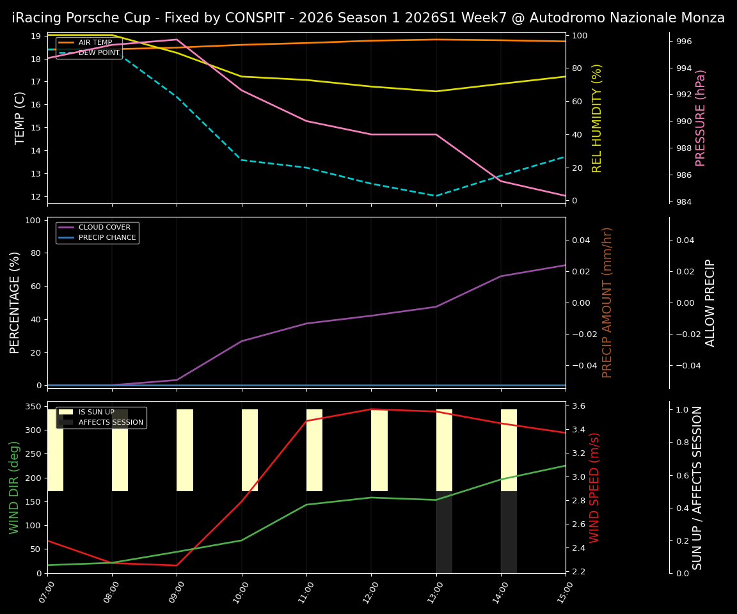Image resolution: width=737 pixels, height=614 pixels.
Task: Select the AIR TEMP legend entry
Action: tap(95, 43)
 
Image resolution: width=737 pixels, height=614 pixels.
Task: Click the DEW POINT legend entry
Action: tap(99, 53)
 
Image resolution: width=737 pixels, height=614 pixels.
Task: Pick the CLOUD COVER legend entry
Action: tap(104, 228)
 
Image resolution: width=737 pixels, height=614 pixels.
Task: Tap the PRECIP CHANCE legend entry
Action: tap(107, 238)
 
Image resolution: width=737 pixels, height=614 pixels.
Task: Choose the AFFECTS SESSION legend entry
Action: tap(111, 423)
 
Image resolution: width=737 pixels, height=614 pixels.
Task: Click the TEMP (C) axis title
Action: tap(20, 118)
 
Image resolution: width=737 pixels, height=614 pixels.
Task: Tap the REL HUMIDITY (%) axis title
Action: tap(597, 118)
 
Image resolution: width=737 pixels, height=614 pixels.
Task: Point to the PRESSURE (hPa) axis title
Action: tap(701, 118)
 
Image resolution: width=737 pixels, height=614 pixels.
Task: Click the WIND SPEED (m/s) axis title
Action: tap(595, 487)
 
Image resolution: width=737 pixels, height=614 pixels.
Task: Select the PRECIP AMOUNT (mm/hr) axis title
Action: tap(607, 302)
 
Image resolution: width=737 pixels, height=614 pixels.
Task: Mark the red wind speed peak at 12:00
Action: tap(371, 409)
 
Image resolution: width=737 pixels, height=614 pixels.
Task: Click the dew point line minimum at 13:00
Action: tap(436, 196)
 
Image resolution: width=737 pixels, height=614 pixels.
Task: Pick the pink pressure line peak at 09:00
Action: tap(177, 40)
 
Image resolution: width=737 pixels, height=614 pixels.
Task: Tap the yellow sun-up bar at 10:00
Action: tap(250, 450)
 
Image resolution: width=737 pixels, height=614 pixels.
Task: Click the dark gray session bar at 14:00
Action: tap(509, 532)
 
